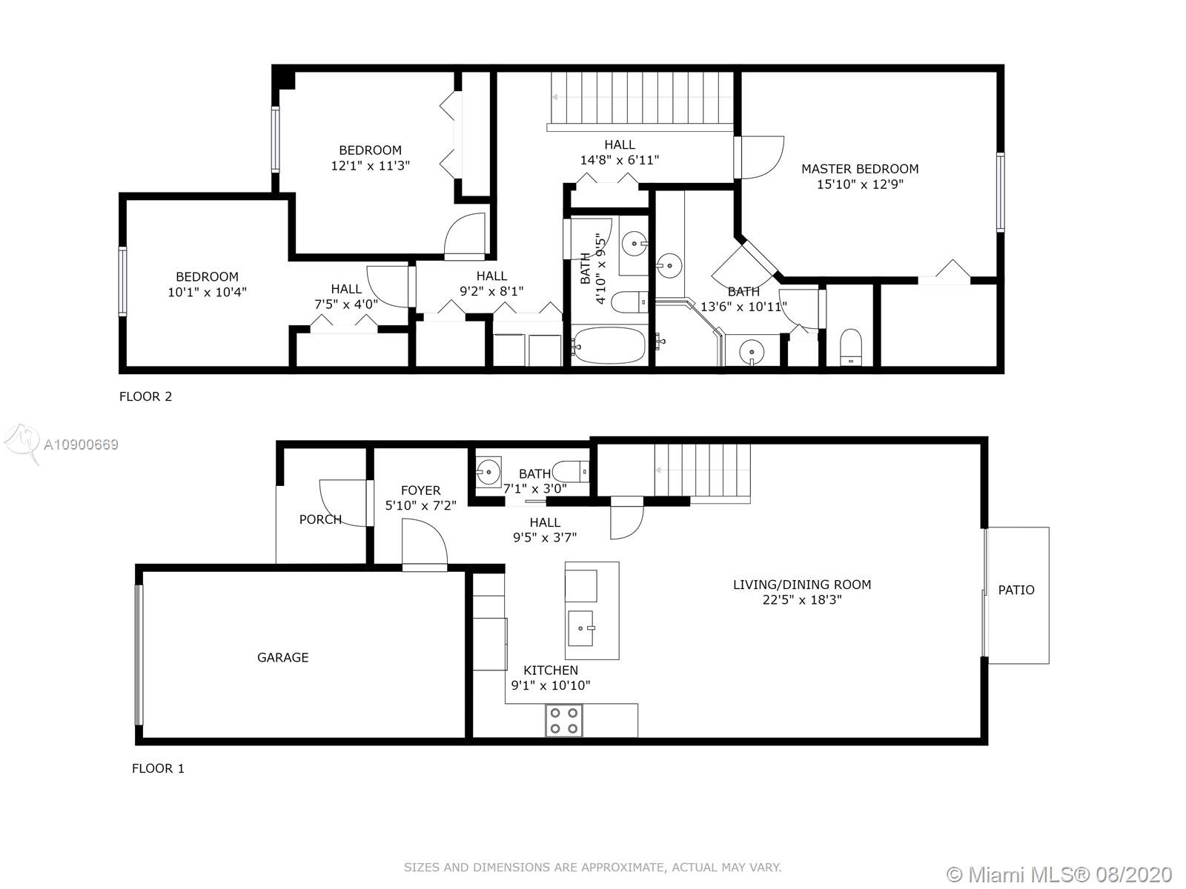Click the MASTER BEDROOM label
860,169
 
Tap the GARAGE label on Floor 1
282,657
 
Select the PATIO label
1016,590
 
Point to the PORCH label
320,519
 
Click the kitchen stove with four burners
564,721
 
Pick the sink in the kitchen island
581,628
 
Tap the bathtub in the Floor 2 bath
609,345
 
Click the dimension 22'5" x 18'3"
802,599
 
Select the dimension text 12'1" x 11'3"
370,166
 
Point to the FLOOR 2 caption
145,397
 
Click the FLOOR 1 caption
158,769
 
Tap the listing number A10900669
81,444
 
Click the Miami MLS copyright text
1059,874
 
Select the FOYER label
420,490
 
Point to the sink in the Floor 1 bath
488,473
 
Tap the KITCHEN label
551,670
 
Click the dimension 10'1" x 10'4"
207,292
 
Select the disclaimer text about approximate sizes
593,868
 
